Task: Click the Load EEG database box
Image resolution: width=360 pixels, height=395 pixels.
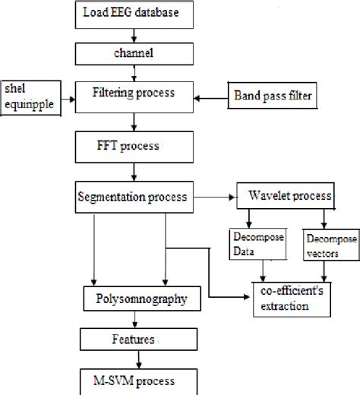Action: [x=134, y=13]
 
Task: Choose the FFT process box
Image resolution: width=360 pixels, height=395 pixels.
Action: [x=134, y=143]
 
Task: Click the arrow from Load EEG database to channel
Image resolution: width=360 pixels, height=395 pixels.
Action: [x=134, y=34]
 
